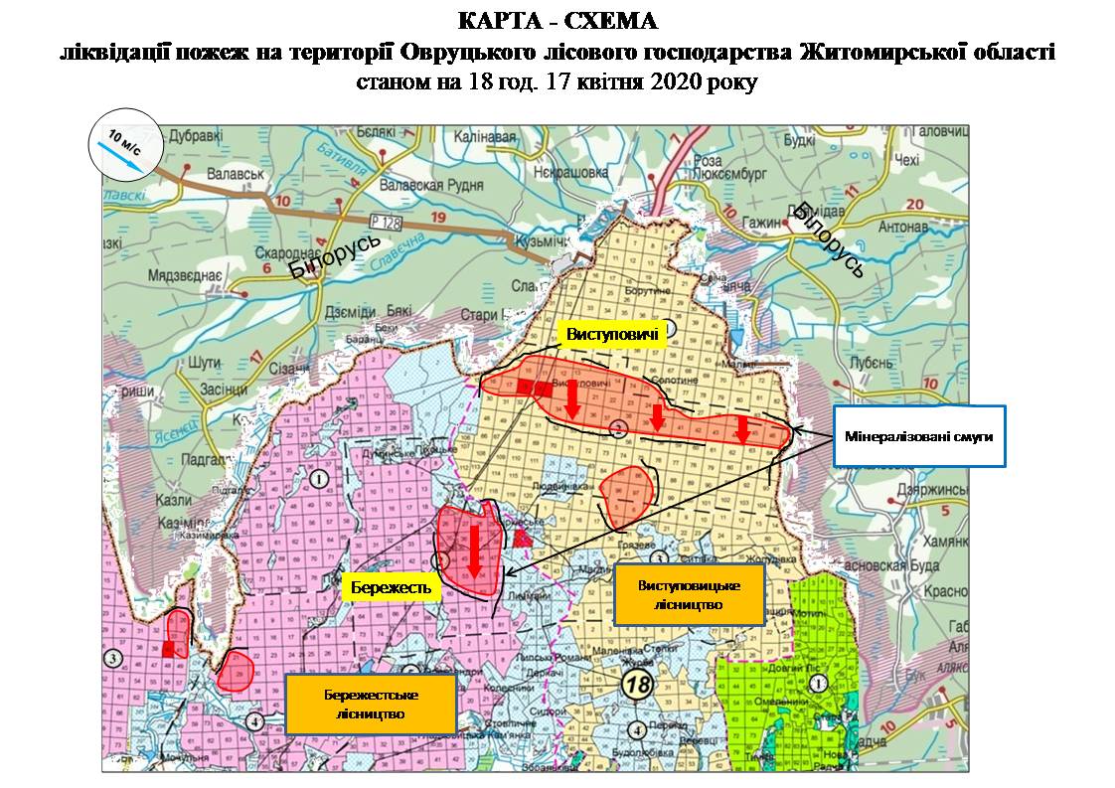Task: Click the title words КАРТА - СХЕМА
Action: pos(557,21)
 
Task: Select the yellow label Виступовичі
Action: pos(612,336)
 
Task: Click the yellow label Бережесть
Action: pos(391,587)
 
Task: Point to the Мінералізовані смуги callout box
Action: pos(918,435)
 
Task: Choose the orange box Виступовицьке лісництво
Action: pos(689,594)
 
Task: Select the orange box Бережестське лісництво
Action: pos(370,704)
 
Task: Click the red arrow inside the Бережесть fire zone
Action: pos(474,548)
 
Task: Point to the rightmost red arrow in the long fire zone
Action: pos(742,428)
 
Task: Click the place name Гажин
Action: pos(761,223)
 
